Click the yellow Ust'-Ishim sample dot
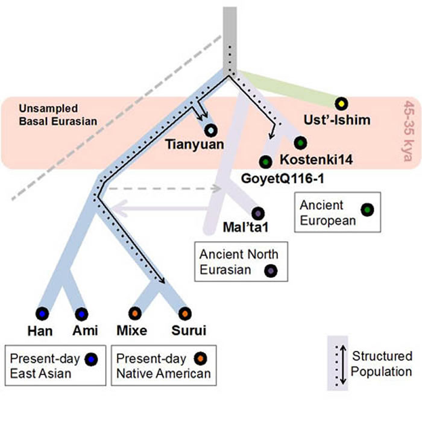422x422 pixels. point(342,103)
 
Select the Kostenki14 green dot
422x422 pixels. point(300,143)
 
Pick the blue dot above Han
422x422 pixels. point(42,313)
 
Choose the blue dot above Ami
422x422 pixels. point(83,313)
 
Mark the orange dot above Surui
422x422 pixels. point(184,313)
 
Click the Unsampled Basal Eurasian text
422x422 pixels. point(48,115)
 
